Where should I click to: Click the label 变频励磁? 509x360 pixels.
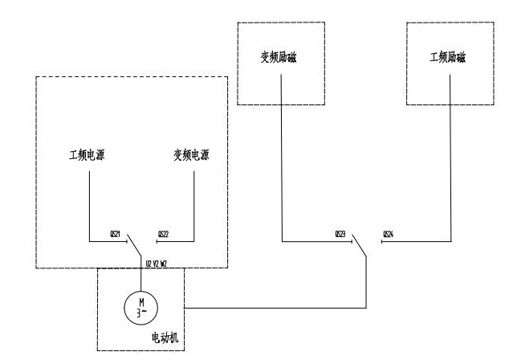(279, 58)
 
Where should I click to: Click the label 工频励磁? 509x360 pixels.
(448, 58)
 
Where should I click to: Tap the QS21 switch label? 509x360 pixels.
(114, 234)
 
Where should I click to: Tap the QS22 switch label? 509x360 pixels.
(163, 234)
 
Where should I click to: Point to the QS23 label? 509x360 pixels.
(340, 234)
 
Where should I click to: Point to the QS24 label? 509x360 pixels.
(389, 234)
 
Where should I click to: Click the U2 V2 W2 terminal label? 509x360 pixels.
(157, 263)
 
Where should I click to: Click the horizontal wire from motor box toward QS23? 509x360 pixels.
(273, 306)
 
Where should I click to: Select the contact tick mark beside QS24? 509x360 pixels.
(382, 240)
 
